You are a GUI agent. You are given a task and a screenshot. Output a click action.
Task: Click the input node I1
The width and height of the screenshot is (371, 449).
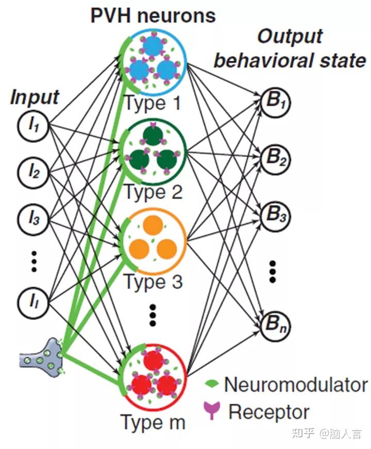(33, 126)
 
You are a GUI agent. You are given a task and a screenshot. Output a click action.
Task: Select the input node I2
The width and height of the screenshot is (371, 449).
(33, 172)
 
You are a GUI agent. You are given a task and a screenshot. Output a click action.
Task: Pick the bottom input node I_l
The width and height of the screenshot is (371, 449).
(33, 302)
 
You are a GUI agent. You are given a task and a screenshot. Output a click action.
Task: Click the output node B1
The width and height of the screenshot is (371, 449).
(275, 102)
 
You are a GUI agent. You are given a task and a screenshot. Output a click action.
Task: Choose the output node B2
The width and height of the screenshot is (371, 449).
(275, 159)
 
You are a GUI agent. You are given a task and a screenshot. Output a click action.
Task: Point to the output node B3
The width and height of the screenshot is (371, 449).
(275, 216)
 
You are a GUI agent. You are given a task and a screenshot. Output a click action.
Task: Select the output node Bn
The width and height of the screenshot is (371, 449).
(275, 326)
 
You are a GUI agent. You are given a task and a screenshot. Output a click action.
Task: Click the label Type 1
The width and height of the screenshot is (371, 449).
(153, 103)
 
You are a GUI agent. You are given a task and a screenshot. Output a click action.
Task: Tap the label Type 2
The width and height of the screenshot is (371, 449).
(153, 192)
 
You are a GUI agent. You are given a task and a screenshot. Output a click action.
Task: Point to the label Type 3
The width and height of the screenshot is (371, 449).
(153, 282)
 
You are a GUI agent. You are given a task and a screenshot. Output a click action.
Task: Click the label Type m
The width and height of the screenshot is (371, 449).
(153, 422)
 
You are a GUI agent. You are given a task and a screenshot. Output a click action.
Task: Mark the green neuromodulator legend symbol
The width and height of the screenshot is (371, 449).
(212, 383)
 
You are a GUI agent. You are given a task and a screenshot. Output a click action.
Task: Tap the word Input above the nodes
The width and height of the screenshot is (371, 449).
(35, 97)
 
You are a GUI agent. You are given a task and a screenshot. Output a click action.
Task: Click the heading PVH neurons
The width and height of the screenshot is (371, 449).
(153, 15)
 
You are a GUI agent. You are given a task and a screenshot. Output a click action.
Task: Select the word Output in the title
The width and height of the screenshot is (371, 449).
(290, 37)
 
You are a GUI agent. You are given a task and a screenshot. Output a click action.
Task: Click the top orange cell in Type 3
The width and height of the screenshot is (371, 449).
(153, 224)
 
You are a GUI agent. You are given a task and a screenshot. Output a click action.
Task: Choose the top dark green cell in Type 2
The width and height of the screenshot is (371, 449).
(153, 134)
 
